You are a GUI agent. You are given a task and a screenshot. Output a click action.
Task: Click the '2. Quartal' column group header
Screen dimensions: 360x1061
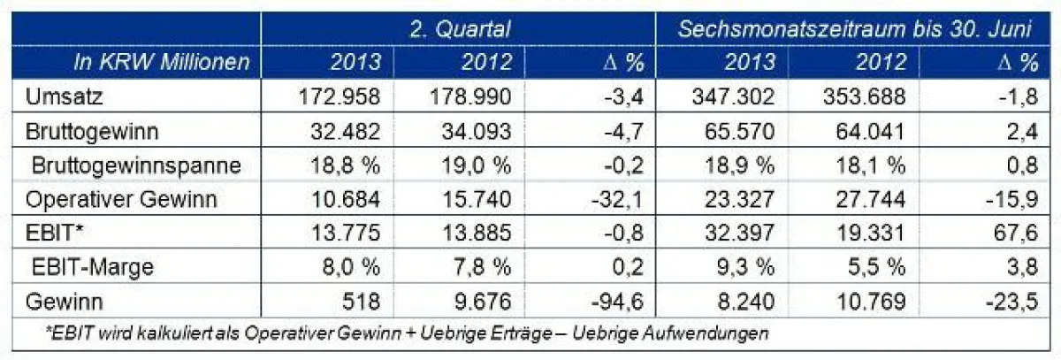click(460, 28)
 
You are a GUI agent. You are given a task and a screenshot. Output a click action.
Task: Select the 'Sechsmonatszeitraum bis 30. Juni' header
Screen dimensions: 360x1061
click(855, 28)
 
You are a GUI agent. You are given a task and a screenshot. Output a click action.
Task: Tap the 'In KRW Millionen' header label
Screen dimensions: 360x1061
click(163, 62)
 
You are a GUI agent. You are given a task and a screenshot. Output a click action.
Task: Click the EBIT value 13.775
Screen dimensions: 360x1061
click(346, 234)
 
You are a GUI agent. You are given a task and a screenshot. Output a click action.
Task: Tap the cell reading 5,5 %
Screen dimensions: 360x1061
click(879, 267)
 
